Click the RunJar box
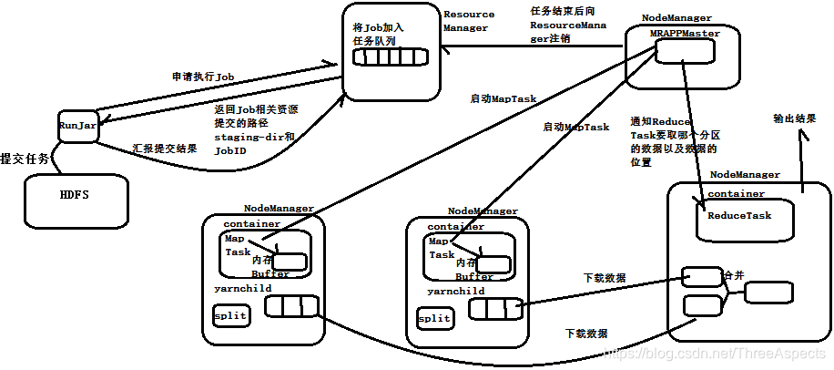(77, 126)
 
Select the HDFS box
(74, 196)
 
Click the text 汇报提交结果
(165, 148)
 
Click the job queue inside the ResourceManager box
(389, 57)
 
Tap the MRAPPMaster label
(685, 33)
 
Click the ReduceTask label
(739, 216)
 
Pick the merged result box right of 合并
(768, 293)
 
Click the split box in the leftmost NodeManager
(230, 316)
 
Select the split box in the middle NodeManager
(434, 318)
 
